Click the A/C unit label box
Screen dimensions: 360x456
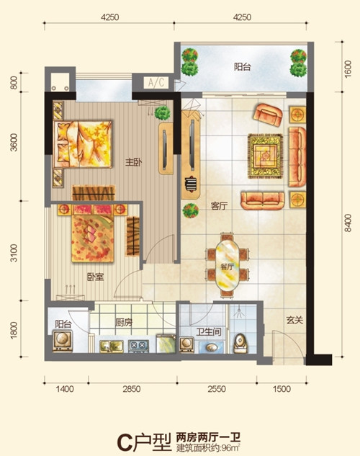(156, 83)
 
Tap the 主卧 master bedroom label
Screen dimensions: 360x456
(134, 162)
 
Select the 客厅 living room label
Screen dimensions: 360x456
(219, 206)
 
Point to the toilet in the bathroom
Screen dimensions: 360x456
(240, 343)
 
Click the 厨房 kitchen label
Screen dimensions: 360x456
(124, 322)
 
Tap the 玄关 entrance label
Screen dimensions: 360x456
(294, 321)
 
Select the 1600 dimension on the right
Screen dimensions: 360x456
(347, 69)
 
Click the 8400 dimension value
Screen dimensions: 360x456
(347, 223)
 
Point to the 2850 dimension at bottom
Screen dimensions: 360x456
(131, 389)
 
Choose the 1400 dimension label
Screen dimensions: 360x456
(65, 389)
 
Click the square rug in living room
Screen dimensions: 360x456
(265, 156)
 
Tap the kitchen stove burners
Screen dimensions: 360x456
(138, 346)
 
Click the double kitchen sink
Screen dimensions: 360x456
(112, 346)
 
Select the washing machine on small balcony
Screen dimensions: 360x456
(63, 340)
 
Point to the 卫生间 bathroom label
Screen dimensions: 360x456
(209, 332)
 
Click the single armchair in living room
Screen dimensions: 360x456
(268, 115)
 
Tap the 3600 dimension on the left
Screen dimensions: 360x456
(14, 143)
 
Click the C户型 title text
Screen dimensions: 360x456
(144, 442)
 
